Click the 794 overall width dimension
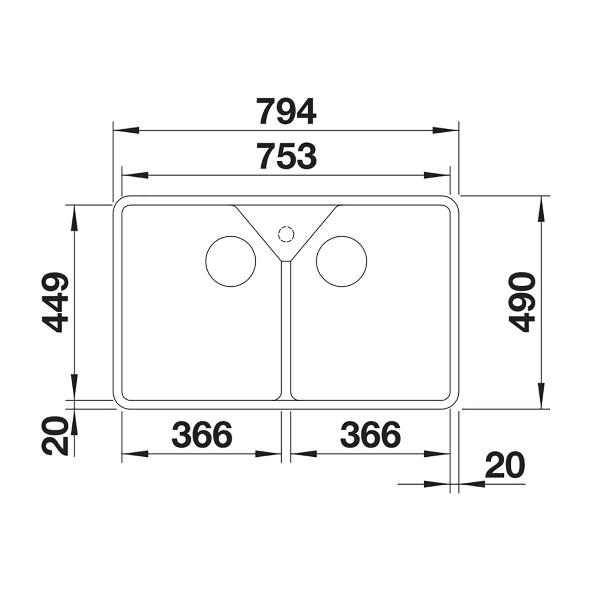[286, 112]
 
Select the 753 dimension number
[287, 156]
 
